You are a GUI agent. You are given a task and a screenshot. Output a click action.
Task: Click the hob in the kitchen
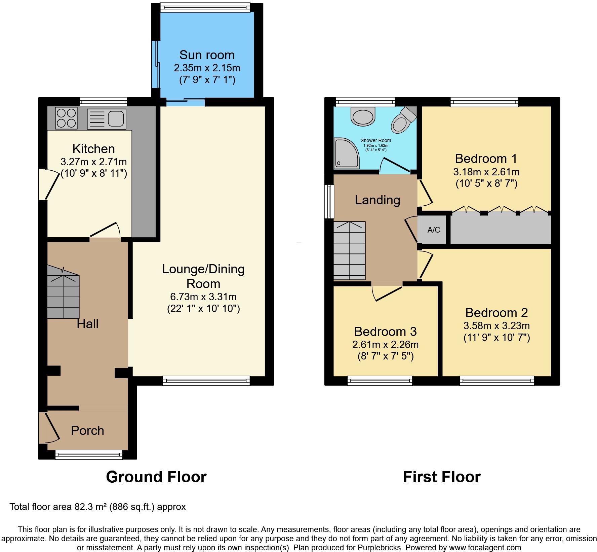tap(66, 118)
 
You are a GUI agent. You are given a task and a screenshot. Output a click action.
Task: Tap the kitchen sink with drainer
tap(107, 119)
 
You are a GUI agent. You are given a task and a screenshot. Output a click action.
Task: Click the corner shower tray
tap(346, 153)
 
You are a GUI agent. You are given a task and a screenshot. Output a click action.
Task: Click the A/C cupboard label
tap(433, 230)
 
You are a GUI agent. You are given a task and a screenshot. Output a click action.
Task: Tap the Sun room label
tap(207, 55)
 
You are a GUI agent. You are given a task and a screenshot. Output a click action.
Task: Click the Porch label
tap(87, 430)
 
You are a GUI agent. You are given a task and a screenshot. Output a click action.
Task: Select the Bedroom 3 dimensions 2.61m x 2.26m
tap(385, 345)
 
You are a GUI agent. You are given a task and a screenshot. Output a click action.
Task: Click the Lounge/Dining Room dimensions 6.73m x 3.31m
tap(203, 297)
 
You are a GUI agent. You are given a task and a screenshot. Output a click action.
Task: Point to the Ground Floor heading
tap(156, 477)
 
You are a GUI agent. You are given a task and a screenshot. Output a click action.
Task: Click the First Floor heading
tap(441, 477)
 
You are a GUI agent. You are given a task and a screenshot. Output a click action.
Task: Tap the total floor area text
tap(97, 507)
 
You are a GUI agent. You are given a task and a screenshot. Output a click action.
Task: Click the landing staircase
tap(349, 250)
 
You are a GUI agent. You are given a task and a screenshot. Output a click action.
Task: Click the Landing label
tap(377, 200)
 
